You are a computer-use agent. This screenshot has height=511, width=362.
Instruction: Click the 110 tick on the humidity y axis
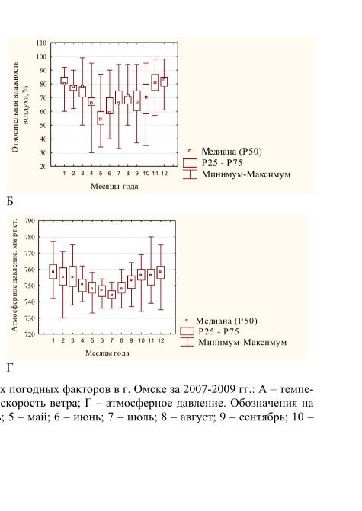[x=42, y=43]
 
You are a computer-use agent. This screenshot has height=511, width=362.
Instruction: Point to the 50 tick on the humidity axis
[x=43, y=126]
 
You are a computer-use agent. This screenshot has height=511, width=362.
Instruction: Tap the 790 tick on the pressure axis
[x=30, y=221]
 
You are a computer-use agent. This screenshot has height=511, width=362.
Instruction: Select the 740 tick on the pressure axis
[x=30, y=302]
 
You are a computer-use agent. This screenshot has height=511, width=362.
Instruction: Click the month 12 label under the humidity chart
[x=164, y=174]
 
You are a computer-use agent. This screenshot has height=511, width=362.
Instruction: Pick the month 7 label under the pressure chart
[x=112, y=340]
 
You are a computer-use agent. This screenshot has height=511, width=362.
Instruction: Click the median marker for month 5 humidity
[x=101, y=120]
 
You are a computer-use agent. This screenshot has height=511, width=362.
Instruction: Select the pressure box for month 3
[x=72, y=276]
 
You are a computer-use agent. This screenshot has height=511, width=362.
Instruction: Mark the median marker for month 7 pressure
[x=112, y=295]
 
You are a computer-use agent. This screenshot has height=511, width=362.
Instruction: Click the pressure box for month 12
[x=161, y=273]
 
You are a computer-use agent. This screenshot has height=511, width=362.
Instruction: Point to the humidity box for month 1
[x=64, y=81]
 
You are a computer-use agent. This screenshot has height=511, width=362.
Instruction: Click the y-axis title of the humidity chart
[x=21, y=107]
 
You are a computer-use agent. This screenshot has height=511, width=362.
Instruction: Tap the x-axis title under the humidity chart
[x=114, y=187]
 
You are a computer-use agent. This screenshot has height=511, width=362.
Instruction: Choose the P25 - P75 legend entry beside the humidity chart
[x=213, y=163]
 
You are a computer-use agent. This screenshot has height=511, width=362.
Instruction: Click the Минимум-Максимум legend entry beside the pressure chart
[x=233, y=343]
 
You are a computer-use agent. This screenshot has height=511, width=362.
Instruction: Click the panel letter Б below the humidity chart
[x=10, y=202]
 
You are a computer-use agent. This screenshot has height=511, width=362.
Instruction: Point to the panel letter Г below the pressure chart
[x=9, y=368]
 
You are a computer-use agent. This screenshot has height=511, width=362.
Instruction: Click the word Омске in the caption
[x=152, y=389]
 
